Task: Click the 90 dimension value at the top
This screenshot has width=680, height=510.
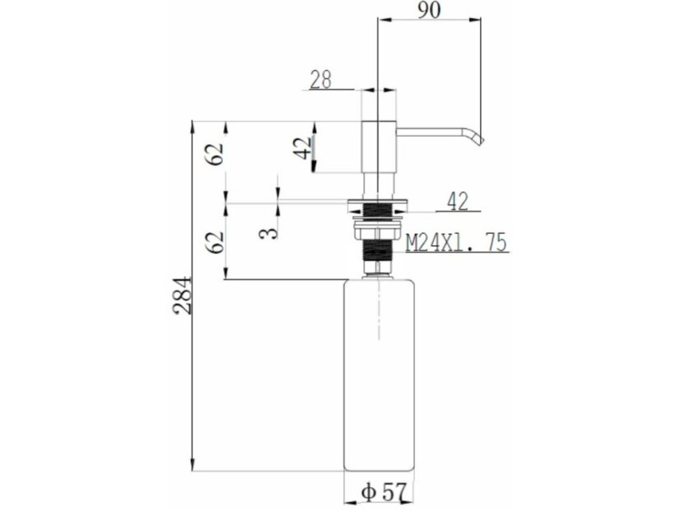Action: click(x=430, y=10)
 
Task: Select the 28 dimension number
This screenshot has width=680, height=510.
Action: click(x=321, y=80)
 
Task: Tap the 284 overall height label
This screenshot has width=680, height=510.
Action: click(x=182, y=294)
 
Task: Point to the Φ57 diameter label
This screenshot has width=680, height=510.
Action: click(x=384, y=492)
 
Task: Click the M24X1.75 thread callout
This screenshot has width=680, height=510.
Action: click(x=456, y=243)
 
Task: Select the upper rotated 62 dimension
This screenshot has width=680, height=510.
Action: click(x=216, y=153)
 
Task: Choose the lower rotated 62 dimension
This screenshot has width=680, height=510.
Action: click(x=216, y=243)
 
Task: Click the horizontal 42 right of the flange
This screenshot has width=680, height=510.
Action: click(x=458, y=202)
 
